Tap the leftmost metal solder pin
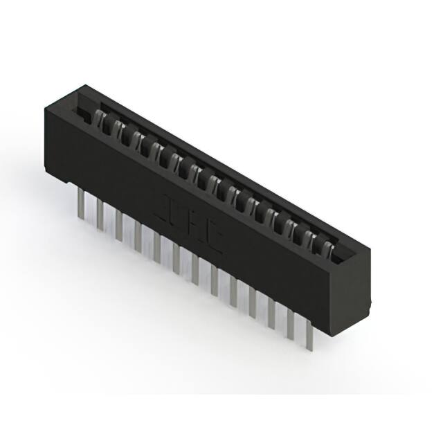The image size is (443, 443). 82,204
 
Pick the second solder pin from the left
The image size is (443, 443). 100,215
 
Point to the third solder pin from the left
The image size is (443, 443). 119,226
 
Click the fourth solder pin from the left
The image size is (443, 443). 138,235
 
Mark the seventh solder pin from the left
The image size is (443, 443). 195,266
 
